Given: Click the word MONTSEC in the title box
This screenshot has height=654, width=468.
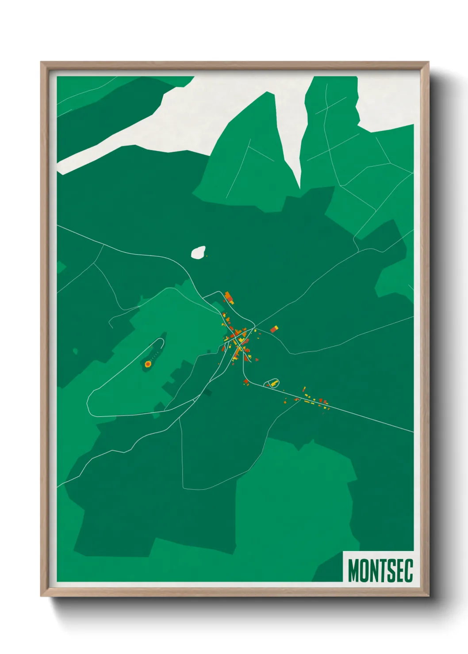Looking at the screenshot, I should click(380, 570).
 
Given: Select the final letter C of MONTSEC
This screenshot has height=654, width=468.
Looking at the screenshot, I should click(409, 570).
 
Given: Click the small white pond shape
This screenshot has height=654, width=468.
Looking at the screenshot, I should click(198, 252).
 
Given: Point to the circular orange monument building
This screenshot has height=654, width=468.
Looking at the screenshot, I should click(148, 364).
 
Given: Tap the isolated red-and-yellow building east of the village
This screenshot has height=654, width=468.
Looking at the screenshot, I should click(274, 329).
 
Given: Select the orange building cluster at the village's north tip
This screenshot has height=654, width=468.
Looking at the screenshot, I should click(229, 297).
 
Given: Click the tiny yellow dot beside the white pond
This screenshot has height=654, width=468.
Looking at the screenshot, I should click(207, 255).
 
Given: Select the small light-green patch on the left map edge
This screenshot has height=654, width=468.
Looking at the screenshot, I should click(61, 267).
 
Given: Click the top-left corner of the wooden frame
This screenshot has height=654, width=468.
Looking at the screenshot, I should click(42, 63).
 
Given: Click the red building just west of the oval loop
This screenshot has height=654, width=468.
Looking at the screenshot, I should click(246, 381).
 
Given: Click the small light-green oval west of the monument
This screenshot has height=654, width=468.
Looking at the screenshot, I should click(75, 351).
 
